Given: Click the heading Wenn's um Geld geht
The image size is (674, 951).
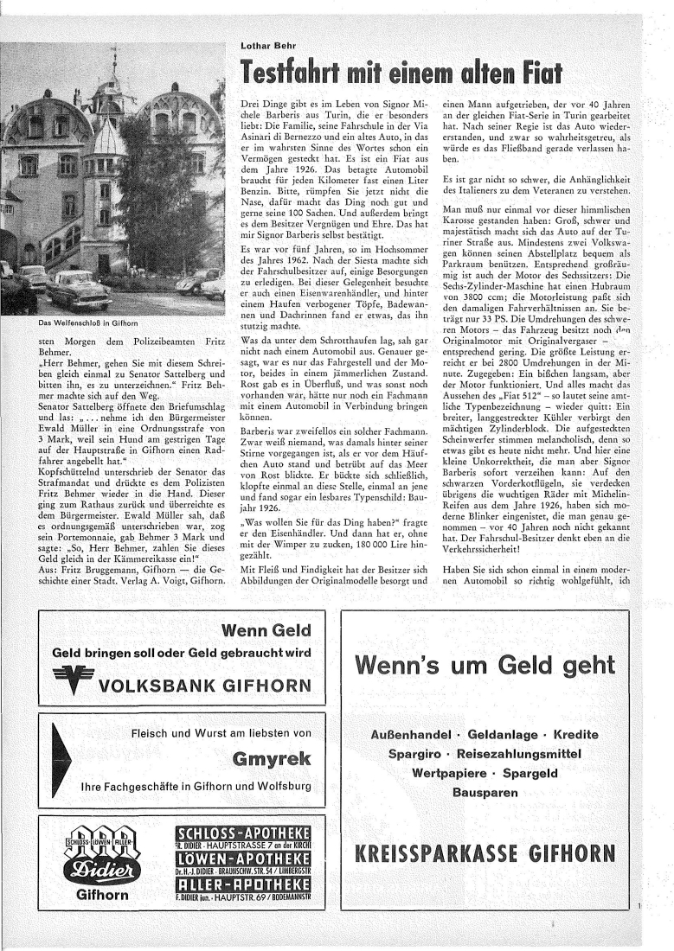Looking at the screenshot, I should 485,664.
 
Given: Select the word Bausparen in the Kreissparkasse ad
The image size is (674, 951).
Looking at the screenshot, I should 485,790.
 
